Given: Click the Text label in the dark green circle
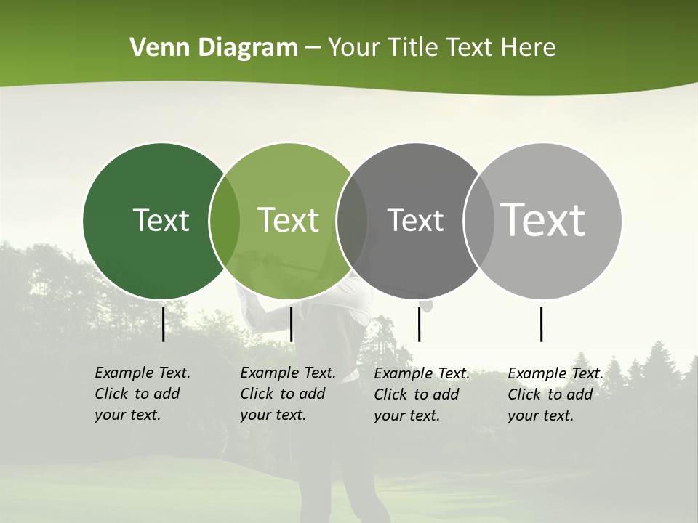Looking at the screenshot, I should [x=161, y=220].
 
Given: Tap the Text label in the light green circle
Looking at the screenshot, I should [x=288, y=220].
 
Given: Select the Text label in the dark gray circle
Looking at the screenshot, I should [x=415, y=220].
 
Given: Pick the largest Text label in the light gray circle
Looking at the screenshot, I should [x=542, y=220].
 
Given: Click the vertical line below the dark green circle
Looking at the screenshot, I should [x=164, y=324].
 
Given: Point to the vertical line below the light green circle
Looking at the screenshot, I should [x=291, y=324].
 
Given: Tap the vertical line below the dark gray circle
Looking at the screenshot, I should [x=419, y=324].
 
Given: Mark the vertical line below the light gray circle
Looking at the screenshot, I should [x=542, y=324].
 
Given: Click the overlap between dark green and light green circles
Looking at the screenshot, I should [x=225, y=221].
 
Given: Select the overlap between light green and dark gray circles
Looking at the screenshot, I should [x=352, y=221].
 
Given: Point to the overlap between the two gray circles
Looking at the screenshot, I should [x=479, y=221].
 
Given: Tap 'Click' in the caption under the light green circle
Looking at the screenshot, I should [x=257, y=394].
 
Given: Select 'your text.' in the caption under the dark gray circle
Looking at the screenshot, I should [x=407, y=415].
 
